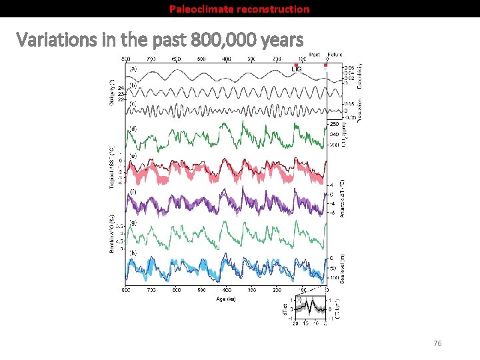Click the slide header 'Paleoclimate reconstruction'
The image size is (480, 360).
click(239, 9)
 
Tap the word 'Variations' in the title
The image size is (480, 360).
click(55, 41)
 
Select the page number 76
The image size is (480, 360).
click(437, 343)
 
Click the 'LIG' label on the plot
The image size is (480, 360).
click(298, 69)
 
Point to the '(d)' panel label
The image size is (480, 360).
click(133, 128)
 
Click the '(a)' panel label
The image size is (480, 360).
click(133, 68)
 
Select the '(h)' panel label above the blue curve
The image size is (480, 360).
click(133, 253)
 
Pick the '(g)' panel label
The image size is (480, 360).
click(133, 223)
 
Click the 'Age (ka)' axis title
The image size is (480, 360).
click(226, 298)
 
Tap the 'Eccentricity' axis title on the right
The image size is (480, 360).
click(359, 72)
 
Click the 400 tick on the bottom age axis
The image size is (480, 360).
click(227, 290)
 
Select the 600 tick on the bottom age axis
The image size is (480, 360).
click(176, 290)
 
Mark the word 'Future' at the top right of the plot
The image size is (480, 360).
click(335, 55)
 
